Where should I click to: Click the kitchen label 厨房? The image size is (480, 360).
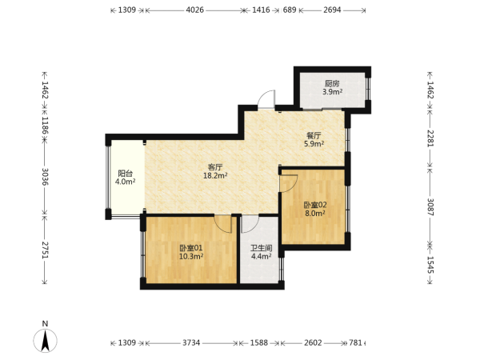[x=332, y=83]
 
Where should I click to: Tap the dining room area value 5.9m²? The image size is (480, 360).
[x=314, y=143]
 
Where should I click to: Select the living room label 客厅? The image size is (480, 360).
[x=215, y=167]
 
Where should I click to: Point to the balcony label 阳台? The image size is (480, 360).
[x=126, y=174]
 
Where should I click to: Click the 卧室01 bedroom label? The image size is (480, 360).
[x=191, y=248]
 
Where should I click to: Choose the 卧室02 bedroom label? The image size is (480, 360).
[x=315, y=205]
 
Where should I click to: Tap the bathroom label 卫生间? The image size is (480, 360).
[x=262, y=248]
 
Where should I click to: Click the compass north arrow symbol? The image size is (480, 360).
[x=46, y=341]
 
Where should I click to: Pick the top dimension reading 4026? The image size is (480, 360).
[x=194, y=10]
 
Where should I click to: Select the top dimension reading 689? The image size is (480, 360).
[x=290, y=10]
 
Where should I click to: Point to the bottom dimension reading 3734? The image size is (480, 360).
[x=191, y=342]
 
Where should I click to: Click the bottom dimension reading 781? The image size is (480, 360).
[x=355, y=342]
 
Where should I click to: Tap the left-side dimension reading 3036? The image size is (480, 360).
[x=45, y=177]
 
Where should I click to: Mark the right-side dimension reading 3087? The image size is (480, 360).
[x=430, y=207]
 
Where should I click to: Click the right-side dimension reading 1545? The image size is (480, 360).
[x=430, y=265]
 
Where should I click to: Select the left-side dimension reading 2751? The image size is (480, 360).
[x=45, y=250]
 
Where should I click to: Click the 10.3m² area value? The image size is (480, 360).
[x=191, y=256]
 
